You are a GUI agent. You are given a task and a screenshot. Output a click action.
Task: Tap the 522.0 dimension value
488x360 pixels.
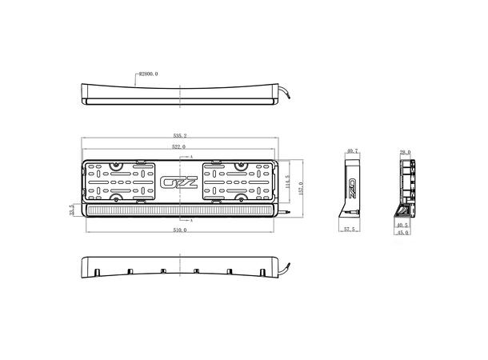(x=178, y=147)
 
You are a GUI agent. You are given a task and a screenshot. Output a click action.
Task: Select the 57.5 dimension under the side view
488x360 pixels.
(x=349, y=230)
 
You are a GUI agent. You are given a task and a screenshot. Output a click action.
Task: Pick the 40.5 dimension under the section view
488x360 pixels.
(x=402, y=226)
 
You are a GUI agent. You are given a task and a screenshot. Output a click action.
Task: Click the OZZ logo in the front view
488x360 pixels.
(x=178, y=182)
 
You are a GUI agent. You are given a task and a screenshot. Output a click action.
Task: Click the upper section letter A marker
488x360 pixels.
(x=191, y=156)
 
